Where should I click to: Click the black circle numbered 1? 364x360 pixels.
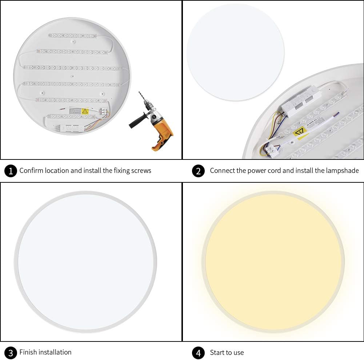[11, 171]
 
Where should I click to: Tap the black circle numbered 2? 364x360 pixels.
[198, 171]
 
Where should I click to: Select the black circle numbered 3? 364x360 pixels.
[11, 352]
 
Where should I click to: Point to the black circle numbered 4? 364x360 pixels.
[198, 352]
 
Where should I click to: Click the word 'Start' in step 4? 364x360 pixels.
[217, 352]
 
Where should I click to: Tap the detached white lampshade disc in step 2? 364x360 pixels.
[235, 52]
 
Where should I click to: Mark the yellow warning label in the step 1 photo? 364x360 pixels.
[85, 112]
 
